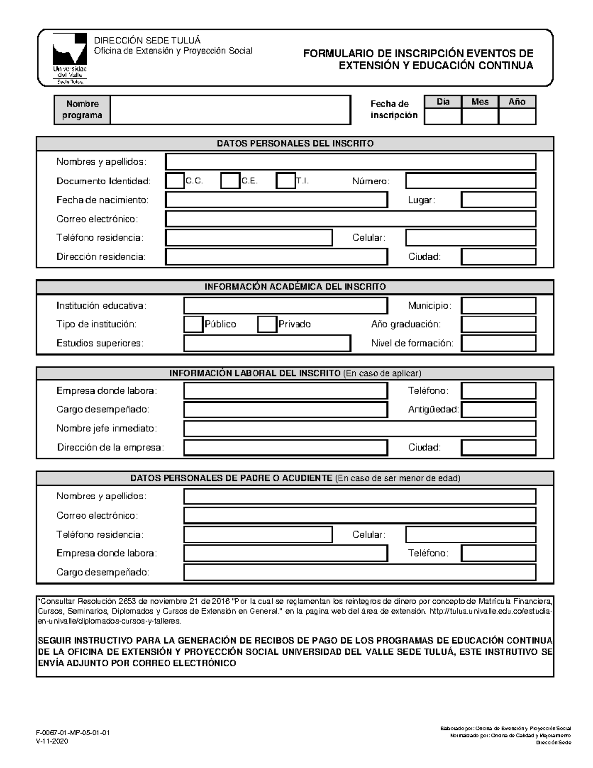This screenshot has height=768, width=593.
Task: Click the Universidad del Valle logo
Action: [70, 58]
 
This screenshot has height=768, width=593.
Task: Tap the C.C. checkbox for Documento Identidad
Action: [174, 181]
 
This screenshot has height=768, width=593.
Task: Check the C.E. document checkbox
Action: [230, 181]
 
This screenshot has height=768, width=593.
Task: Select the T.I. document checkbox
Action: [285, 181]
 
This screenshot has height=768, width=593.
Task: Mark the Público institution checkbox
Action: [193, 324]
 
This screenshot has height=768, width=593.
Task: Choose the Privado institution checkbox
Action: [267, 324]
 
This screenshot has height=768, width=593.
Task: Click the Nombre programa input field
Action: [230, 110]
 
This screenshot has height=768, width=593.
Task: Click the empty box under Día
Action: [443, 117]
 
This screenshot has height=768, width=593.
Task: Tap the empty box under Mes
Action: [479, 117]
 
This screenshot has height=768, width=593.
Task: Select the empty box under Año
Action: [517, 117]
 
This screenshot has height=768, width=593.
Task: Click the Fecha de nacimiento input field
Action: [276, 200]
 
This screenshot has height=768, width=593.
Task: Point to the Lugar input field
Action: [498, 200]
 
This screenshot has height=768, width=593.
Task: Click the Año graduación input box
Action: [498, 324]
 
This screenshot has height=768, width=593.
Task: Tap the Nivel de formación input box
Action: [498, 343]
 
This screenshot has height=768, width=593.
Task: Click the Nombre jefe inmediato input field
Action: [360, 428]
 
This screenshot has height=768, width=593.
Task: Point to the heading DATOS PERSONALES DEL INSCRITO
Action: [295, 144]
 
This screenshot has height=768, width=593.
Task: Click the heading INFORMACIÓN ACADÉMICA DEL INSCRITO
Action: [295, 287]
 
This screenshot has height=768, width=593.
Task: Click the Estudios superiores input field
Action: [267, 343]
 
